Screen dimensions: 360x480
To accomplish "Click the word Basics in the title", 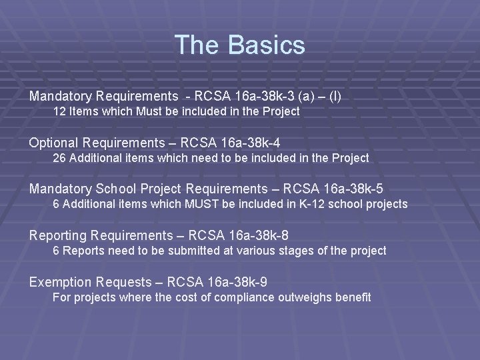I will tap(266, 45).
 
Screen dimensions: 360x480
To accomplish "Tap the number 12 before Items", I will tap(59, 112).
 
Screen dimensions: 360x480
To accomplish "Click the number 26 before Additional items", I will tap(59, 158).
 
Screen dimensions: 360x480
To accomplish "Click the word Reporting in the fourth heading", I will tap(58, 235).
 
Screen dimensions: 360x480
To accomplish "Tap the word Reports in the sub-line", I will tap(83, 251).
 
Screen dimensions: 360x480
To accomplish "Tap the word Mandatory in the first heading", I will tap(59, 97).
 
